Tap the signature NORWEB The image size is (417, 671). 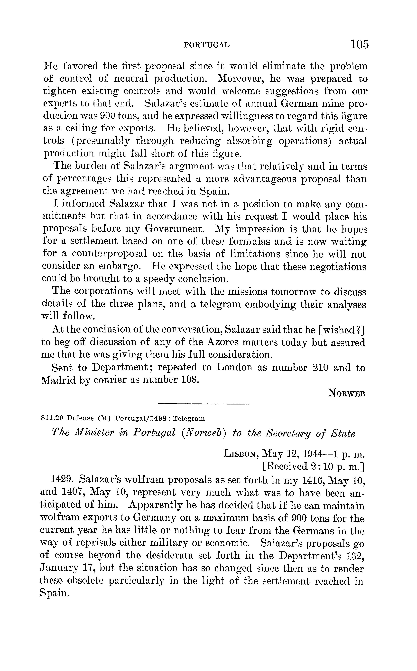click(347, 393)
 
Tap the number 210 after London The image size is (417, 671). click(320, 368)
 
